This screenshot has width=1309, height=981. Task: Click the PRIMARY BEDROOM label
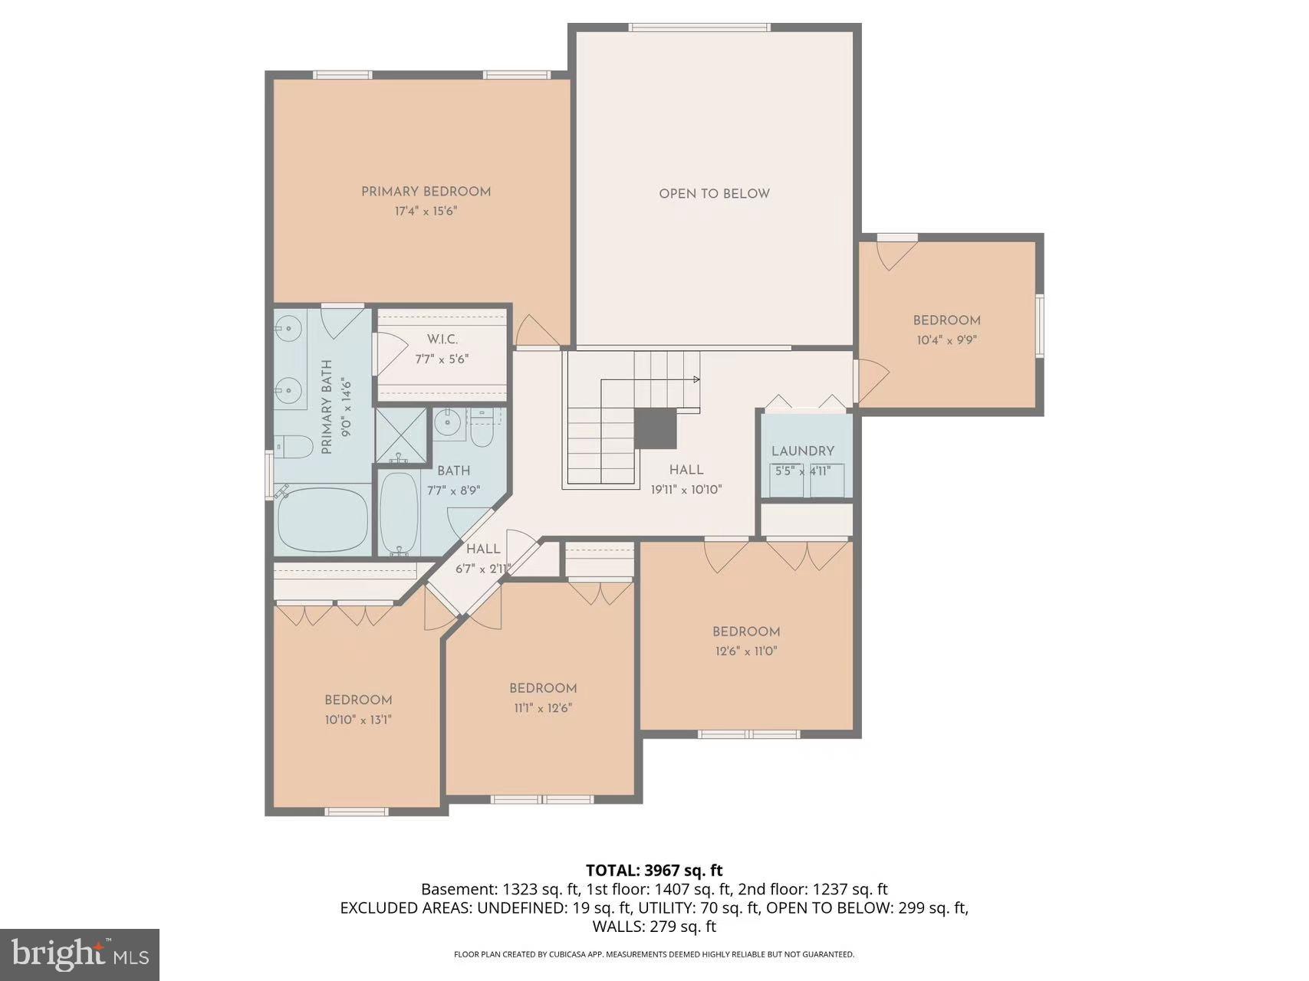pos(426,192)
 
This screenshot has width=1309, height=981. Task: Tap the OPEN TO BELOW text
pos(714,194)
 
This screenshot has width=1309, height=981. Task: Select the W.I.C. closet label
pos(442,339)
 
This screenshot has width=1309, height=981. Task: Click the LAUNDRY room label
pos(802,451)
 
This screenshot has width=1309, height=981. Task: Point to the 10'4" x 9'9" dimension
pos(946,340)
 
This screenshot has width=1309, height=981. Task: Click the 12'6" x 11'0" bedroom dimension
pos(745,651)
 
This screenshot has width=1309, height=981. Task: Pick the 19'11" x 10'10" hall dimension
pos(686,490)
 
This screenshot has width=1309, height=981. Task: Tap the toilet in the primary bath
pos(294,445)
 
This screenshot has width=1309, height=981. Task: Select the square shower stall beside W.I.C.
pos(400,435)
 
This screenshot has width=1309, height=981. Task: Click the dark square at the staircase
pos(656,428)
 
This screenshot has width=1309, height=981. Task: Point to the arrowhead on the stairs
pos(697,379)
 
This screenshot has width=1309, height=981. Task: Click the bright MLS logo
pos(80,954)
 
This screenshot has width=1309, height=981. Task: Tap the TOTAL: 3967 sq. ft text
pos(654,870)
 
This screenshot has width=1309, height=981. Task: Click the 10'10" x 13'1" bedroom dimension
pos(358,720)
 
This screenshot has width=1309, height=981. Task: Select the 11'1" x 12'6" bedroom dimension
pos(543,708)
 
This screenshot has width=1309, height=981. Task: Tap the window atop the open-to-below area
pos(699,28)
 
